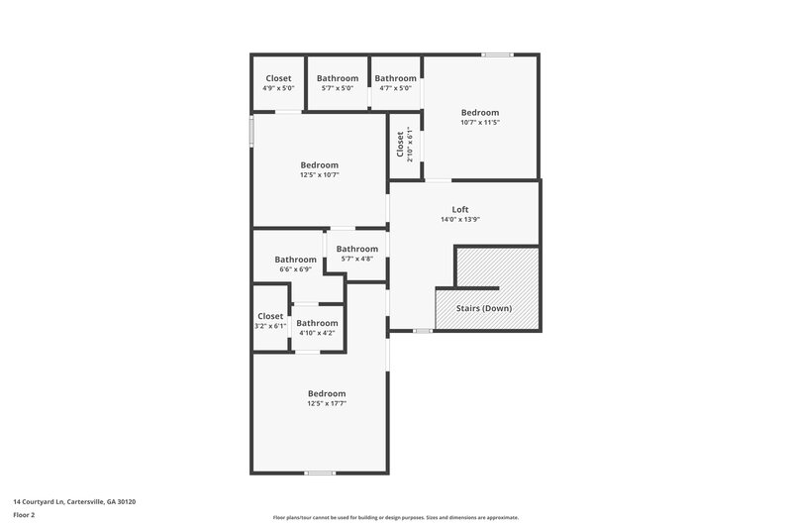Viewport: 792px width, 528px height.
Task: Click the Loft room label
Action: pyautogui.click(x=459, y=209)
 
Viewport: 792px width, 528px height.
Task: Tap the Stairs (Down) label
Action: pyautogui.click(x=483, y=308)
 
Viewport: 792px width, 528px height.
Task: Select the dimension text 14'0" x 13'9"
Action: pyautogui.click(x=459, y=220)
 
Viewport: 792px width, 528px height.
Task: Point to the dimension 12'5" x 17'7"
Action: pyautogui.click(x=326, y=403)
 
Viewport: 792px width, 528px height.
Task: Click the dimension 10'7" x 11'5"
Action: pyautogui.click(x=479, y=123)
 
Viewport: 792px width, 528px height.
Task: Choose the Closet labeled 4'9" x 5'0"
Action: pyautogui.click(x=278, y=78)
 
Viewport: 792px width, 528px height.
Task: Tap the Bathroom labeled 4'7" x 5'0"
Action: pyautogui.click(x=395, y=78)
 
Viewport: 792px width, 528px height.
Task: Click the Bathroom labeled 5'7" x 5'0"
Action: pyautogui.click(x=337, y=78)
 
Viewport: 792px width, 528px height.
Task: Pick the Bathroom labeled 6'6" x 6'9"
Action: pyautogui.click(x=295, y=260)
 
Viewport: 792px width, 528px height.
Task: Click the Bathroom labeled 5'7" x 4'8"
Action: pyautogui.click(x=356, y=249)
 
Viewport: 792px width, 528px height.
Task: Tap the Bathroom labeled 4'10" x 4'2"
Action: pyautogui.click(x=317, y=323)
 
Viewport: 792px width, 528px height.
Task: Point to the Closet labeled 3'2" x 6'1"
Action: pyautogui.click(x=270, y=316)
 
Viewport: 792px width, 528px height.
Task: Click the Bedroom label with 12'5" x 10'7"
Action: pyautogui.click(x=319, y=165)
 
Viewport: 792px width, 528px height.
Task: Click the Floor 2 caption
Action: pyautogui.click(x=24, y=515)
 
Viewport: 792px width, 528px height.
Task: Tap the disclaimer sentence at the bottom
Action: pyautogui.click(x=395, y=517)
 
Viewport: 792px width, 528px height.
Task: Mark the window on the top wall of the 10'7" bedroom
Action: pyautogui.click(x=497, y=54)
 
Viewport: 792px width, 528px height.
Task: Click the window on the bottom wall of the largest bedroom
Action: pyautogui.click(x=320, y=473)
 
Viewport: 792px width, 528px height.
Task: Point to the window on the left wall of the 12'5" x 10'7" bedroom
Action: pyautogui.click(x=251, y=131)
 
